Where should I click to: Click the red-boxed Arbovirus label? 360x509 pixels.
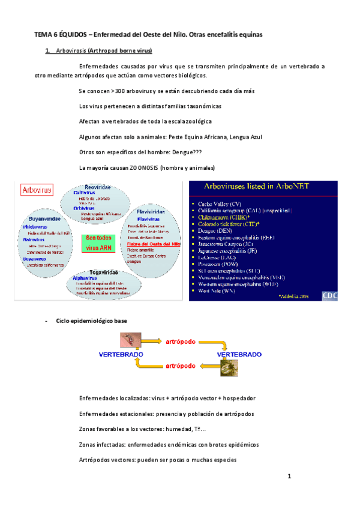(x=37, y=191)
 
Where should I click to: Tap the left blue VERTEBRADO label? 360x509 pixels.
(x=120, y=354)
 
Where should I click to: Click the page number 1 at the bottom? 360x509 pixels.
(x=289, y=477)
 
